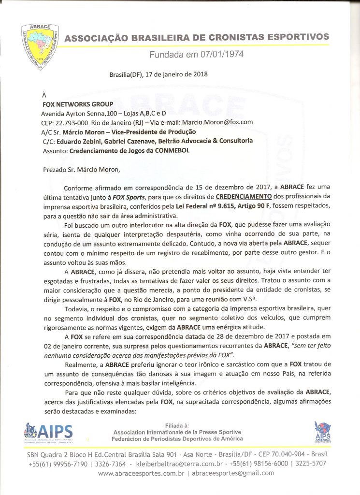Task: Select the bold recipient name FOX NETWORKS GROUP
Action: tap(78, 104)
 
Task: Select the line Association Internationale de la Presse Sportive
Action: tap(177, 432)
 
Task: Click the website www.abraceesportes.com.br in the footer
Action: tap(141, 473)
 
